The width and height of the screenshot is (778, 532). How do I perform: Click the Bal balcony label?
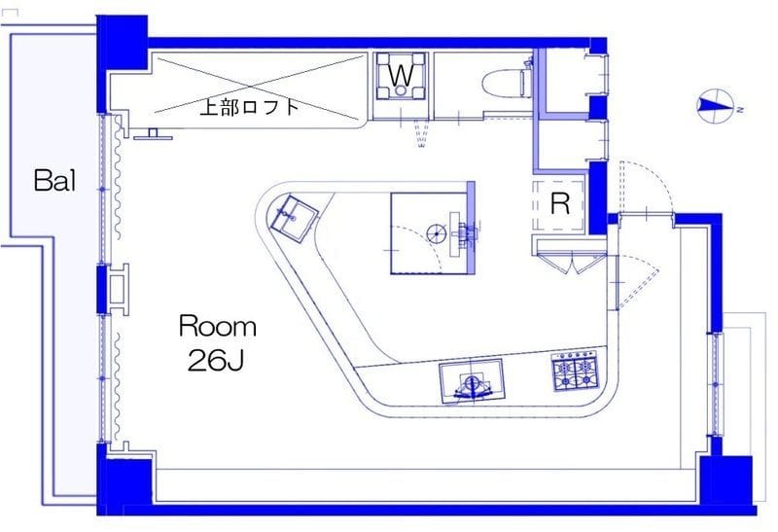pyautogui.click(x=53, y=181)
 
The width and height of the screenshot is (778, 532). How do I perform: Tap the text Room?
pyautogui.click(x=217, y=326)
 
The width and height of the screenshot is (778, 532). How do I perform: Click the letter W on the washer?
pyautogui.click(x=400, y=73)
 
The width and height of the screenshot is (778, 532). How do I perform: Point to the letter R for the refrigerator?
pyautogui.click(x=559, y=204)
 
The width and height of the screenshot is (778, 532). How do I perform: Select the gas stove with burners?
pyautogui.click(x=573, y=370)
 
